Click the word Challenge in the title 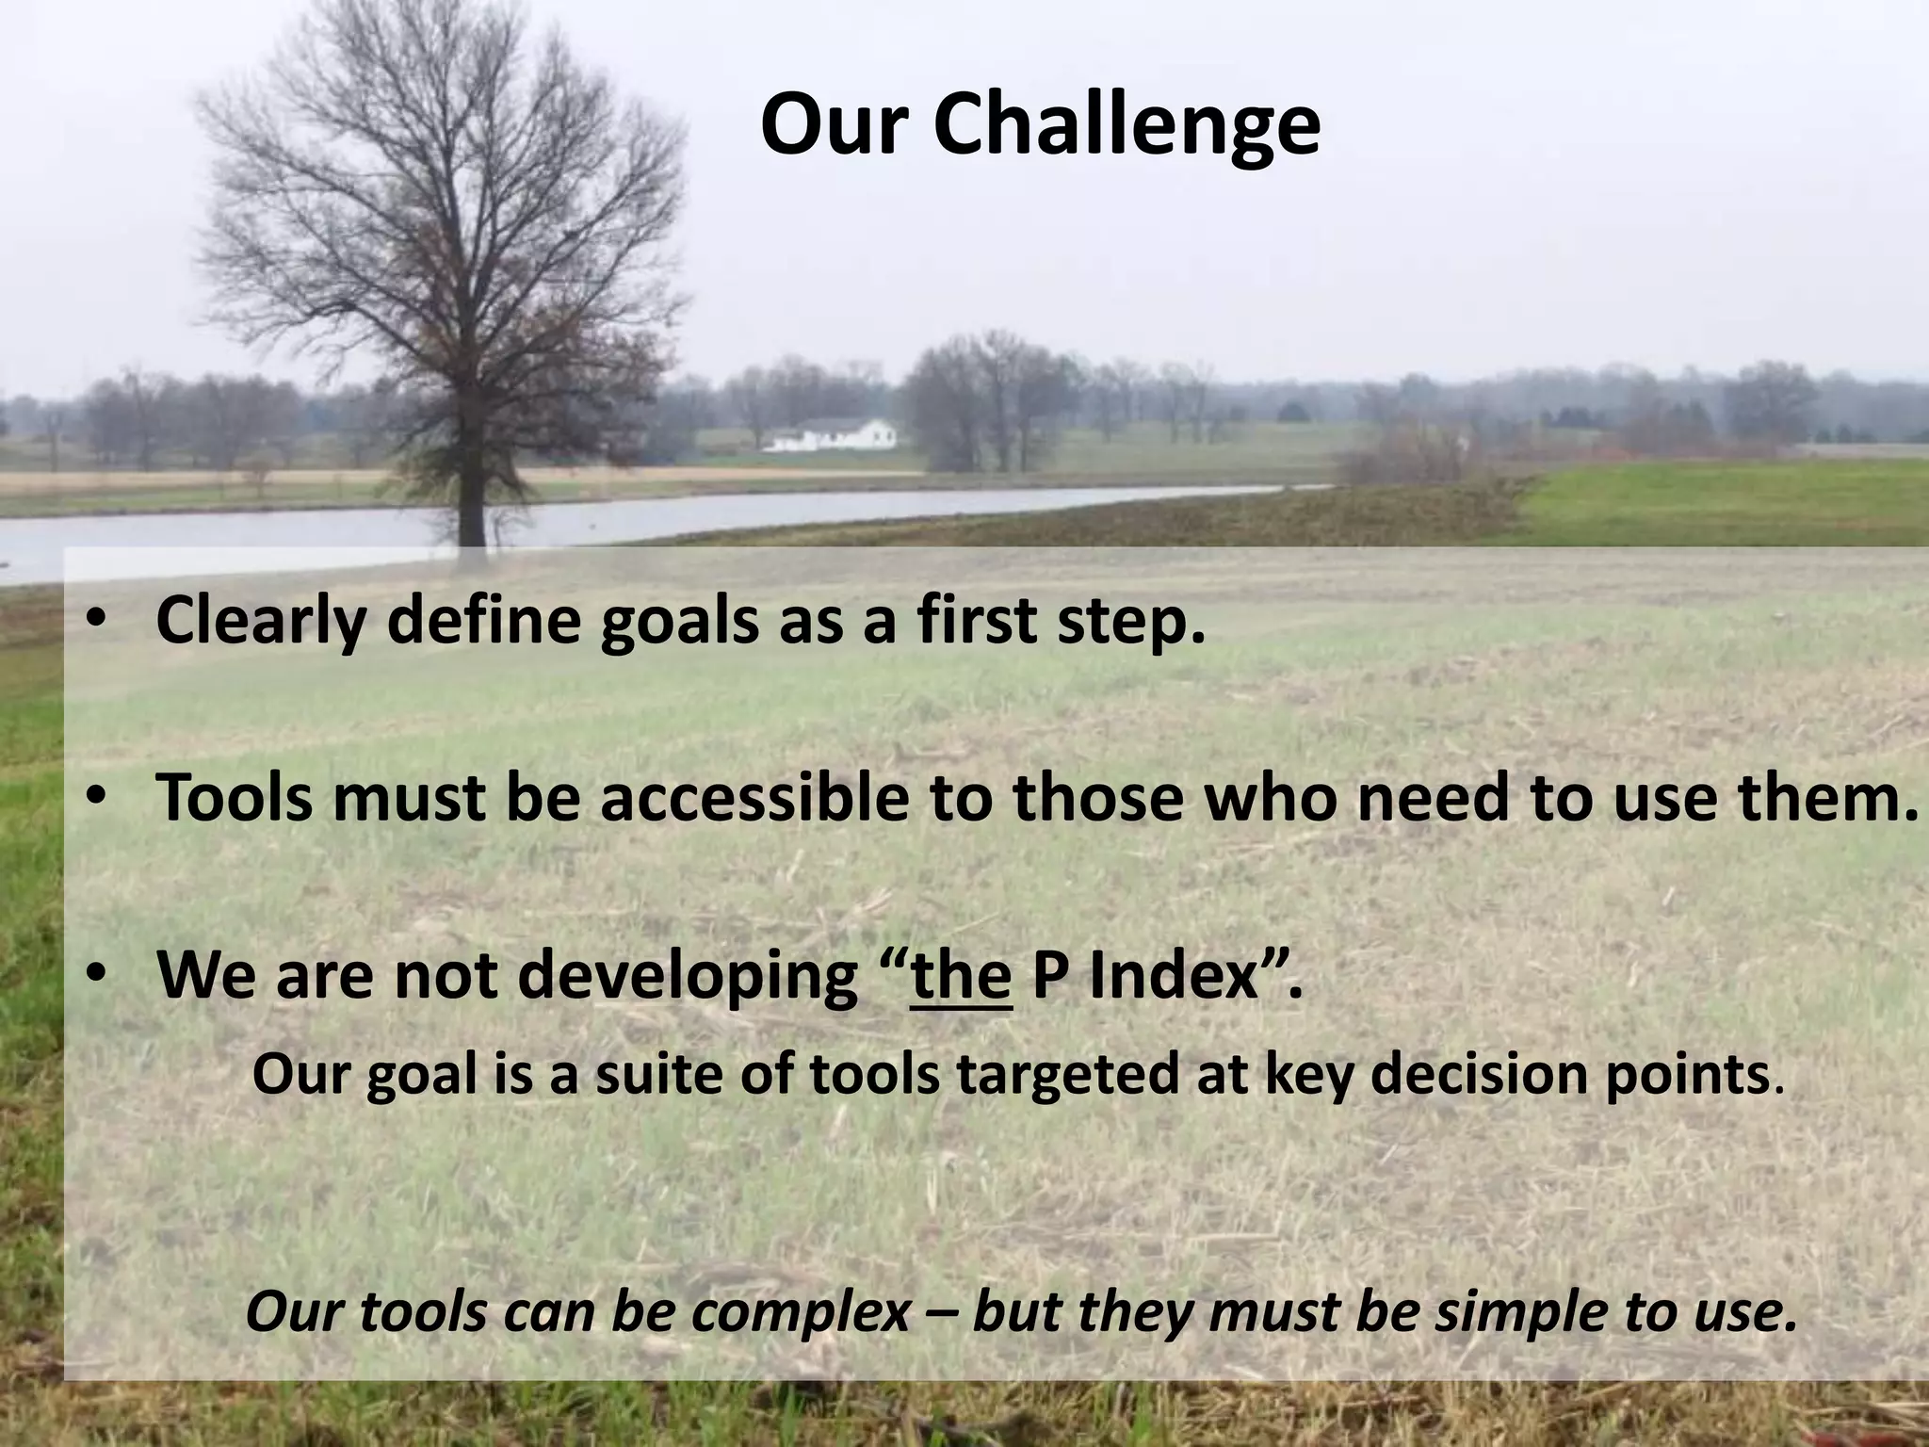point(1127,127)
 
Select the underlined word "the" point(961,976)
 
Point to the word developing point(688,976)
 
